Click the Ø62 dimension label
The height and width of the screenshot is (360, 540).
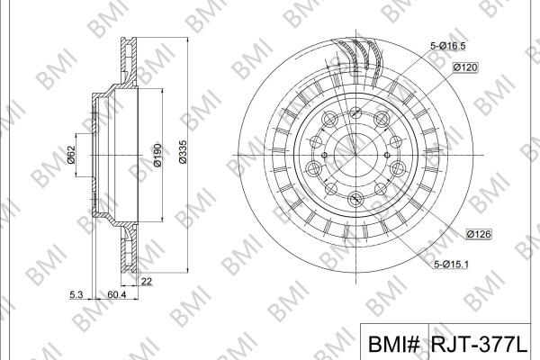coord(70,155)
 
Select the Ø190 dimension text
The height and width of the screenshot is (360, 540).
coord(157,156)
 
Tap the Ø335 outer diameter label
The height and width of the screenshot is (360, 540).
coord(183,152)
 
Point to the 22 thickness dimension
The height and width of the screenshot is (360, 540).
coord(147,282)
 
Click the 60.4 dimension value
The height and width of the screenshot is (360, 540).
coord(117,294)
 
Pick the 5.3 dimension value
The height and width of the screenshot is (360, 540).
coord(76,294)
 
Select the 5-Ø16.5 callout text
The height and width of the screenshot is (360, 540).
coord(448,46)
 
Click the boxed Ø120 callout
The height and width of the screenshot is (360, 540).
coord(465,67)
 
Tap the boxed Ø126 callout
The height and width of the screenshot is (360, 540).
coord(479,234)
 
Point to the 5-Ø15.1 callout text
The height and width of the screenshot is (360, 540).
coord(451,265)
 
